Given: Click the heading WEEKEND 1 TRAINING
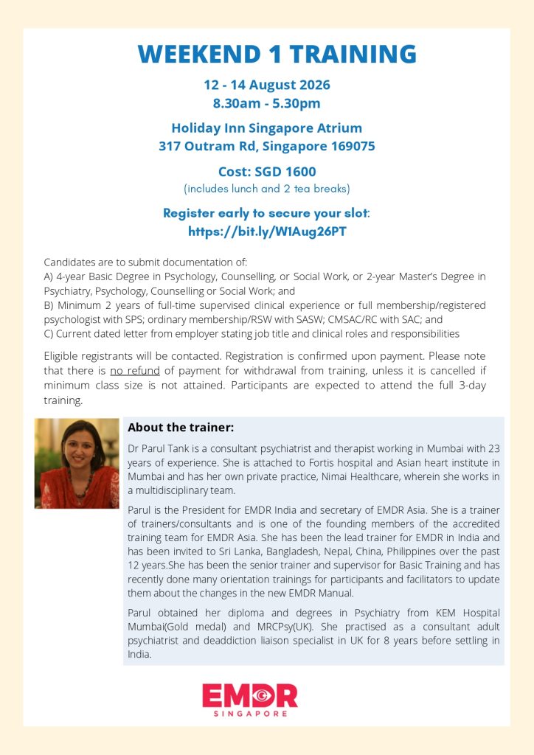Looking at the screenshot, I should tap(277, 54).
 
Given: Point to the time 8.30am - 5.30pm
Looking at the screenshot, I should tap(267, 103).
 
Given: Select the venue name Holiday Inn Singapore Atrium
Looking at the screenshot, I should tap(267, 128).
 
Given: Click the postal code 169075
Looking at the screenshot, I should tap(348, 146).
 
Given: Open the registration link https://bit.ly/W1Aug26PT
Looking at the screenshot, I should tap(267, 232).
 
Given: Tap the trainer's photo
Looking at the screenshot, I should tap(77, 463).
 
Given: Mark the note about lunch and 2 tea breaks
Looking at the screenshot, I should tap(267, 188).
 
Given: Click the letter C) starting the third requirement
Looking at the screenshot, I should tap(49, 333).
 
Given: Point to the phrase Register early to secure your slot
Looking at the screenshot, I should tap(266, 213).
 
